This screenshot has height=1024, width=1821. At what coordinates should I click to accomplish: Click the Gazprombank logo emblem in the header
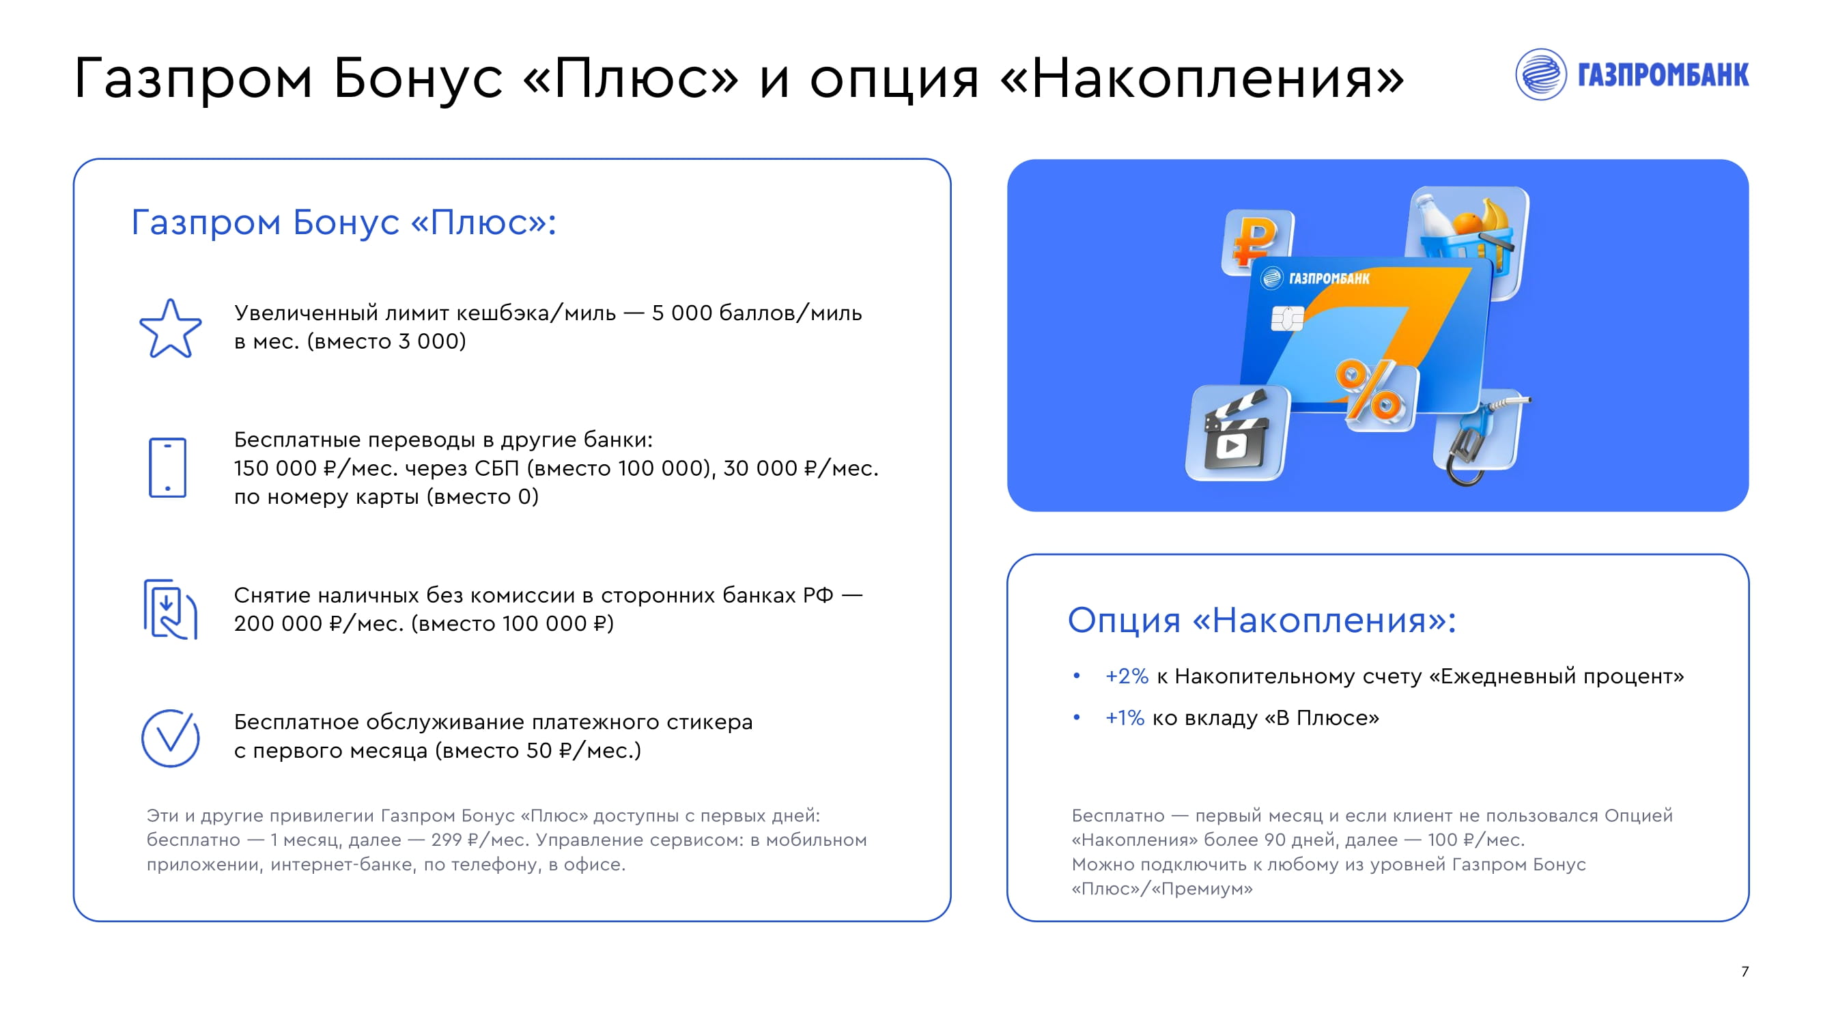pyautogui.click(x=1541, y=74)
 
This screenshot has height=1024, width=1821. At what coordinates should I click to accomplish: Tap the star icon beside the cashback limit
pyautogui.click(x=171, y=328)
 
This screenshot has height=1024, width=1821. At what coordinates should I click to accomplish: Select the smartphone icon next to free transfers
pyautogui.click(x=167, y=467)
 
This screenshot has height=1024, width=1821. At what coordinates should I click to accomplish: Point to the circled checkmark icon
pyautogui.click(x=171, y=738)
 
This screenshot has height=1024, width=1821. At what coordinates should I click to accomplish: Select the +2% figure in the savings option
pyautogui.click(x=1127, y=677)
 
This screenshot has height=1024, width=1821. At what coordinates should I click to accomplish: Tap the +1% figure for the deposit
pyautogui.click(x=1125, y=718)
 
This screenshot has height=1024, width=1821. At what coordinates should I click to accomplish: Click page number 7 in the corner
pyautogui.click(x=1745, y=971)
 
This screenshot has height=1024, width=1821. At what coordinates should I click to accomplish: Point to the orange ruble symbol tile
pyautogui.click(x=1258, y=241)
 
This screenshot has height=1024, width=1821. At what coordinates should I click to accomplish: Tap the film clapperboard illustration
pyautogui.click(x=1237, y=433)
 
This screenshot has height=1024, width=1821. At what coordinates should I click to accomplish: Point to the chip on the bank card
pyautogui.click(x=1287, y=319)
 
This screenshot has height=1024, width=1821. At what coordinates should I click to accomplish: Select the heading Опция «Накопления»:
pyautogui.click(x=1262, y=620)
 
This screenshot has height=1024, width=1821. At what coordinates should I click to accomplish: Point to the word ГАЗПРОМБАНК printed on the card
pyautogui.click(x=1329, y=279)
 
